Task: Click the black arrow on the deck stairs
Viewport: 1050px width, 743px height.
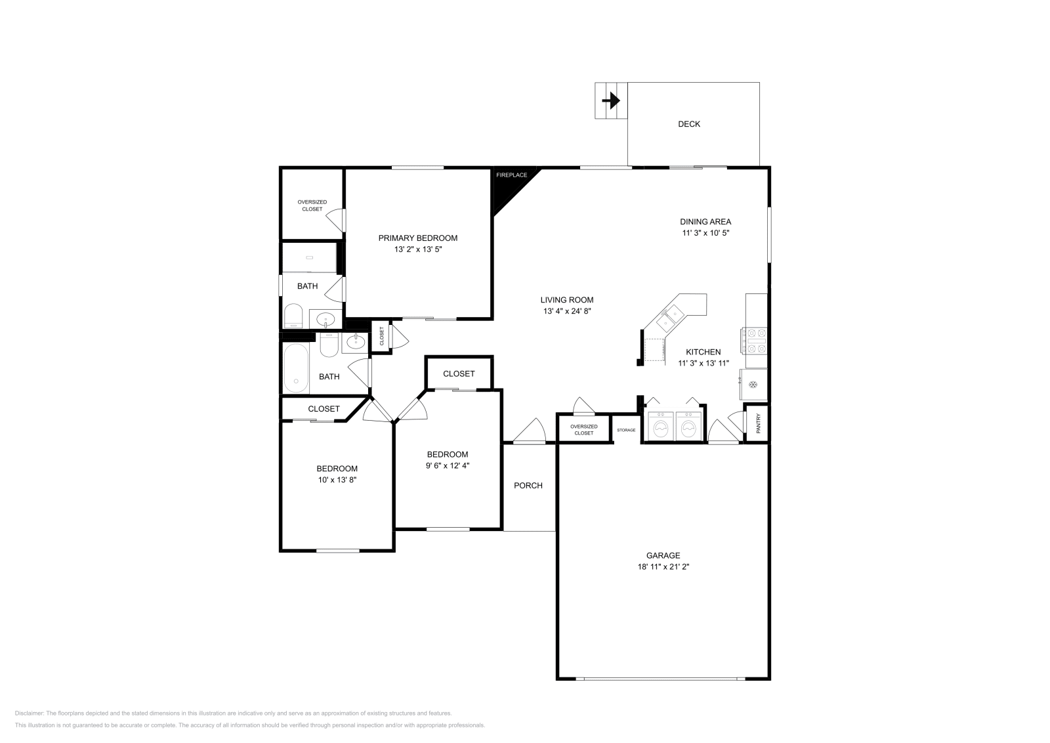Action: [611, 100]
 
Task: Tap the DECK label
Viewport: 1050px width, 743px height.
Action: [689, 124]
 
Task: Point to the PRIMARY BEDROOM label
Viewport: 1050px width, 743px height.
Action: [417, 238]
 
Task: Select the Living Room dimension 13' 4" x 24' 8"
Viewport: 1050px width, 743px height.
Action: [567, 311]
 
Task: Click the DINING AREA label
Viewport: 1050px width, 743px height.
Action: [705, 222]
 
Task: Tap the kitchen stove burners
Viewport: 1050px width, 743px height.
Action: [754, 341]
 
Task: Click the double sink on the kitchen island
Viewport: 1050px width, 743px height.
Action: [670, 318]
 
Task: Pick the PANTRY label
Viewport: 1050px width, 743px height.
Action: [758, 423]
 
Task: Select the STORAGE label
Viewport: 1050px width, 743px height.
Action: [626, 430]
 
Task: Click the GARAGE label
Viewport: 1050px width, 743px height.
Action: [663, 555]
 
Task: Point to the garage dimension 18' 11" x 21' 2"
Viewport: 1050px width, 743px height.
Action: [663, 566]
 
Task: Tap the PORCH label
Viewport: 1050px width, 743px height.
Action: [528, 486]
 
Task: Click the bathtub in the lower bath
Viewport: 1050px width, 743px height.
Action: [296, 368]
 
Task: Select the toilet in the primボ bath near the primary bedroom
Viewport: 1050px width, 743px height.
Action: [293, 316]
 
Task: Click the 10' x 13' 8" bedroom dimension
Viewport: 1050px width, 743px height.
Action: [337, 480]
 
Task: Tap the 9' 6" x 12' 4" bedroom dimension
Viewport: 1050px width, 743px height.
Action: [448, 465]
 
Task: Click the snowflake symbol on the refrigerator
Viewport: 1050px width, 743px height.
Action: [753, 385]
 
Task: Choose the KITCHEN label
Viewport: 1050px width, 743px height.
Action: [703, 352]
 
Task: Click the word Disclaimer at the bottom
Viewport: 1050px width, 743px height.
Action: [29, 713]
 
